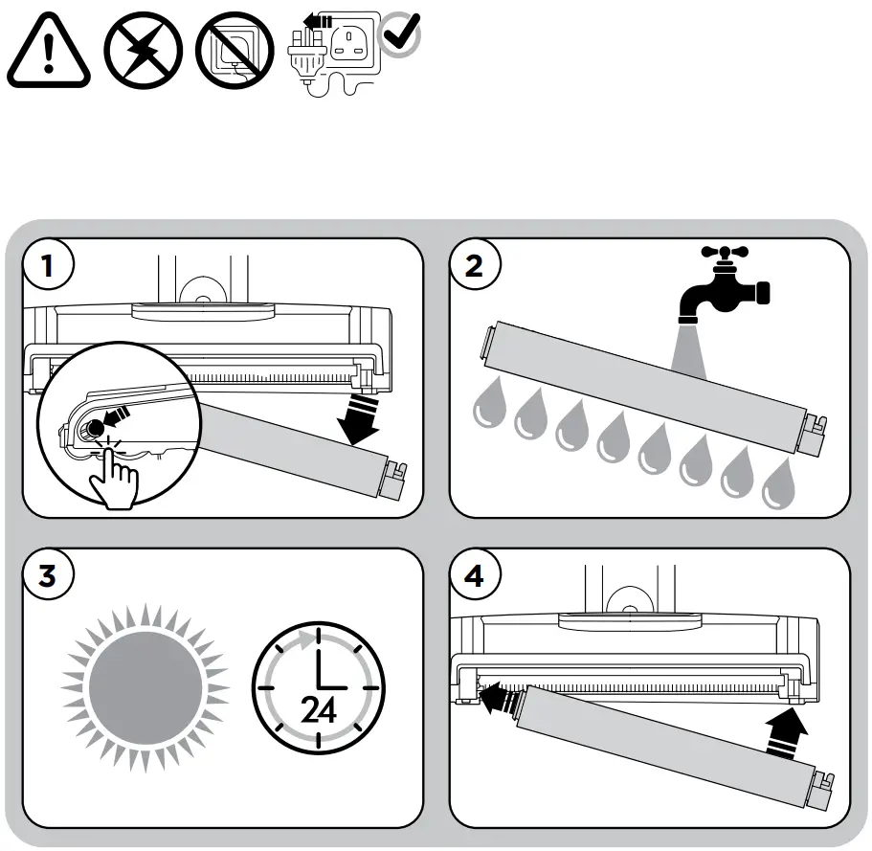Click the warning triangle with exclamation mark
pos(49,54)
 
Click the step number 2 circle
pos(474,265)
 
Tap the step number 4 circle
pos(474,577)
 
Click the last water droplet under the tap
pos(780,486)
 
